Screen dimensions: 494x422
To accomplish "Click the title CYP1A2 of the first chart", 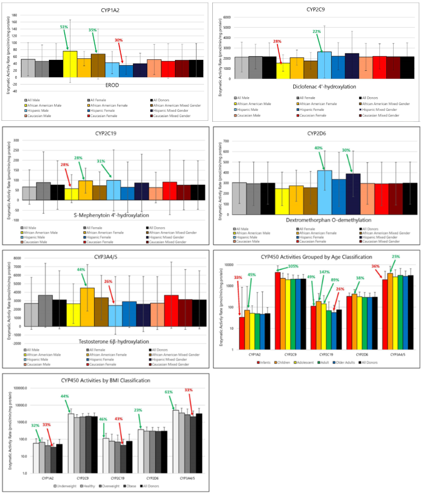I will (109, 10).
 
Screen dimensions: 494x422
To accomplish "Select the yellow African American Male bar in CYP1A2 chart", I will (70, 64).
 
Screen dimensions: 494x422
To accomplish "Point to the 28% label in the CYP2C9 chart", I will (277, 41).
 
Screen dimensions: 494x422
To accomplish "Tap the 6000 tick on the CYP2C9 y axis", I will (228, 17).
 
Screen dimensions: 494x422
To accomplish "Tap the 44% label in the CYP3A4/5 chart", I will (81, 270).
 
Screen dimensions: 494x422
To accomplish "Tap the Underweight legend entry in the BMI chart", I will (67, 486).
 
